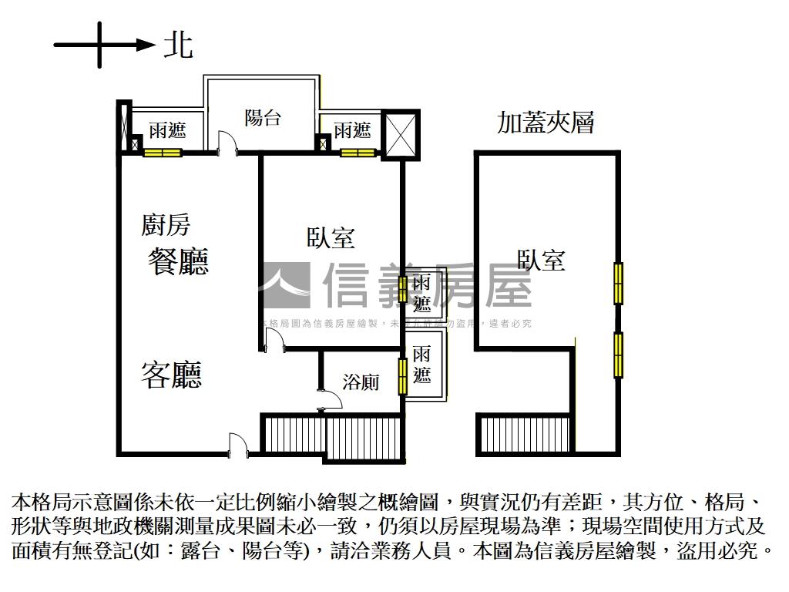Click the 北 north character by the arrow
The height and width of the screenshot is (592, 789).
tap(178, 45)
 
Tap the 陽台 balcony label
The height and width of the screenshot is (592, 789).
tap(262, 118)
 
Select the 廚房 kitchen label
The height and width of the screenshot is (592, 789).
tap(165, 225)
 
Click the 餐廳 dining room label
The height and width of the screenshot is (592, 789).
tap(178, 262)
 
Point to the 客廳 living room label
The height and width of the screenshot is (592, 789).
tap(171, 375)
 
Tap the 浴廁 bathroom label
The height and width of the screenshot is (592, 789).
tap(361, 381)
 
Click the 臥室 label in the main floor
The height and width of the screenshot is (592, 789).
tap(331, 238)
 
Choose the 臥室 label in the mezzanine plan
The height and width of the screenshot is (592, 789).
tap(541, 261)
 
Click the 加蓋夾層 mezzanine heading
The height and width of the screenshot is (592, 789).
tap(546, 123)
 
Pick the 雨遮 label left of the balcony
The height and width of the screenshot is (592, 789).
tap(167, 130)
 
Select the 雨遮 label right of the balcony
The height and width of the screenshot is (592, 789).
tap(352, 130)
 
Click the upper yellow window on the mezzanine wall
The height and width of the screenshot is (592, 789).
tap(618, 283)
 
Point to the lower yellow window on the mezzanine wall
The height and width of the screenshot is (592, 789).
tap(618, 355)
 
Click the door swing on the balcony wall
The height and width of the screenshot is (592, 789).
tap(227, 143)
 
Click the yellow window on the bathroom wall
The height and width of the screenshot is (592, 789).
tap(402, 376)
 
